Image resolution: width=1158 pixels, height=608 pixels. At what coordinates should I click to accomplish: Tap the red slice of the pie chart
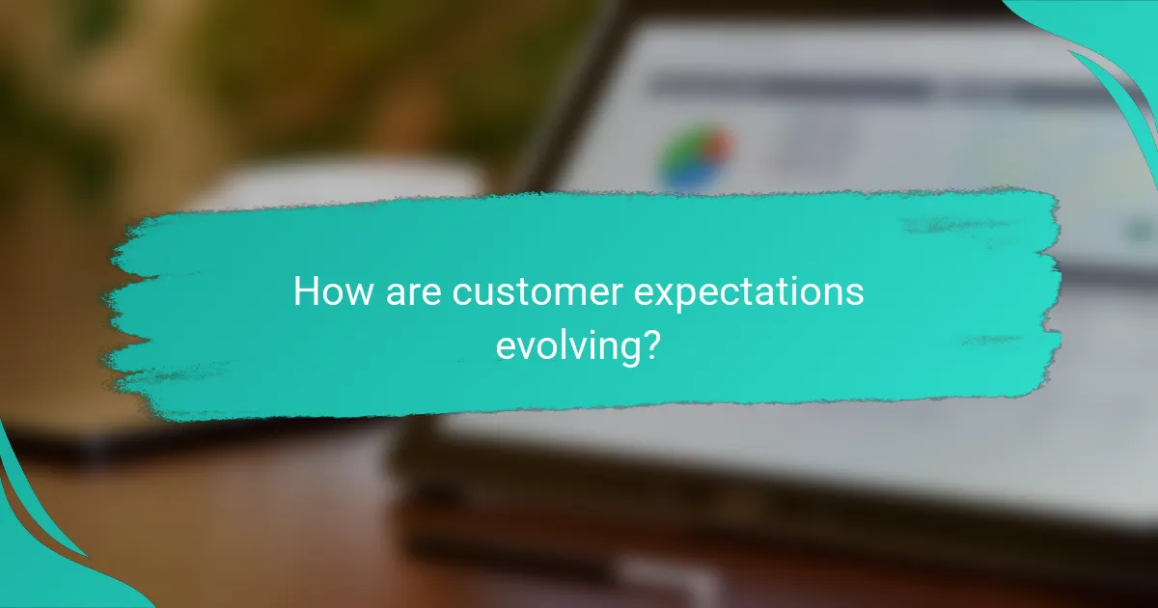pyautogui.click(x=717, y=147)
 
